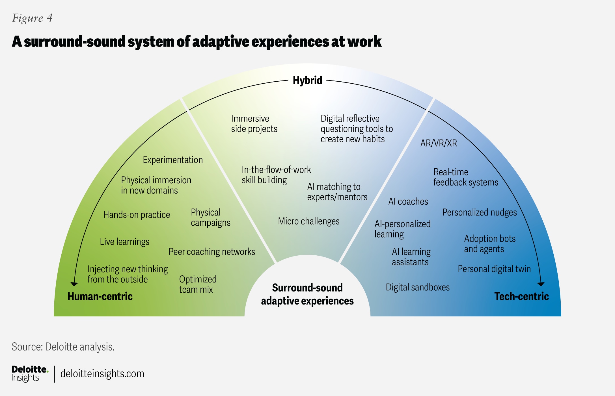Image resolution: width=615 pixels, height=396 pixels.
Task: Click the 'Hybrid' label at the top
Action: pyautogui.click(x=307, y=80)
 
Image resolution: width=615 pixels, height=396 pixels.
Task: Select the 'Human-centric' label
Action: pyautogui.click(x=100, y=296)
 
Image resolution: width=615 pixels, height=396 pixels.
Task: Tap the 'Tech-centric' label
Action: pyautogui.click(x=521, y=296)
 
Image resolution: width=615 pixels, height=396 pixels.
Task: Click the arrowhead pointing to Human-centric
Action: pyautogui.click(x=74, y=284)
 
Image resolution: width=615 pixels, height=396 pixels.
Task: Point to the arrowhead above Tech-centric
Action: pyautogui.click(x=541, y=284)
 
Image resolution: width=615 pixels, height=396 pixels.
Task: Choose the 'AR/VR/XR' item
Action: pyautogui.click(x=439, y=143)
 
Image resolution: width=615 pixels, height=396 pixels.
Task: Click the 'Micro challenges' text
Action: pyautogui.click(x=309, y=221)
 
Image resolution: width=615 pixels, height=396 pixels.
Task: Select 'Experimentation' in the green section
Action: pyautogui.click(x=173, y=160)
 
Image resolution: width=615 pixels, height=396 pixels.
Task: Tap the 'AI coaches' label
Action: pyautogui.click(x=408, y=201)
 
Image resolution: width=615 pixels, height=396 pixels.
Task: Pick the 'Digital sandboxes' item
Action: pyautogui.click(x=418, y=287)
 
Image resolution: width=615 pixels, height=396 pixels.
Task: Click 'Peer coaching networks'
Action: pyautogui.click(x=212, y=252)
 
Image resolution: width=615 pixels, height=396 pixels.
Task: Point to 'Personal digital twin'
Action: pyautogui.click(x=494, y=269)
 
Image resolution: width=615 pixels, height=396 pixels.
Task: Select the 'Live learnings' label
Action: pyautogui.click(x=124, y=242)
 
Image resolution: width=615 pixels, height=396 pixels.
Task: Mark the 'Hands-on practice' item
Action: pyautogui.click(x=137, y=215)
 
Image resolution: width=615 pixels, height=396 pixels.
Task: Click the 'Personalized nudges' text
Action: pyautogui.click(x=480, y=212)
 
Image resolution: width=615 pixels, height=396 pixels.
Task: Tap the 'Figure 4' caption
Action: pyautogui.click(x=32, y=18)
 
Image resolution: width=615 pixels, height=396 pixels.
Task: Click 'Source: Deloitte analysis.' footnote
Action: pyautogui.click(x=63, y=347)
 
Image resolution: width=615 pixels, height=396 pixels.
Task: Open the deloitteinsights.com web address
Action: pyautogui.click(x=102, y=374)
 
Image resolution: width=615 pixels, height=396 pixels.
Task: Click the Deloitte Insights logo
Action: pyautogui.click(x=29, y=373)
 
